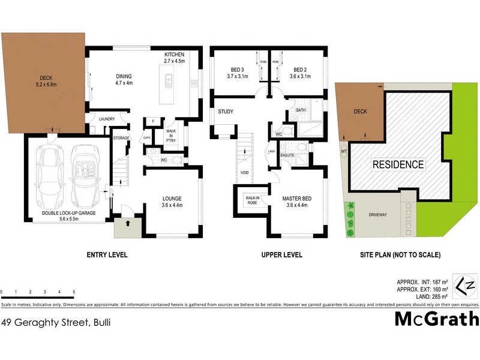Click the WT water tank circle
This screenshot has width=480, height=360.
[343, 150]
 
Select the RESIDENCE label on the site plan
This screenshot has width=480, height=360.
[398, 164]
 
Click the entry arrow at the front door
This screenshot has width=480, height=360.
[127, 223]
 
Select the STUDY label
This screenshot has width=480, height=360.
[226, 112]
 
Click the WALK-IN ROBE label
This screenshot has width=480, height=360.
[252, 200]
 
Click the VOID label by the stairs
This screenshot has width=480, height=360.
[244, 172]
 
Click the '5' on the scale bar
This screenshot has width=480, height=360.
[74, 292]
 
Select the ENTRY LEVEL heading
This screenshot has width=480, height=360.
[108, 255]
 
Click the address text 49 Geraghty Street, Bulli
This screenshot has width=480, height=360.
[56, 322]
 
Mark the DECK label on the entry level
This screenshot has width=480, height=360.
[46, 77]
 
